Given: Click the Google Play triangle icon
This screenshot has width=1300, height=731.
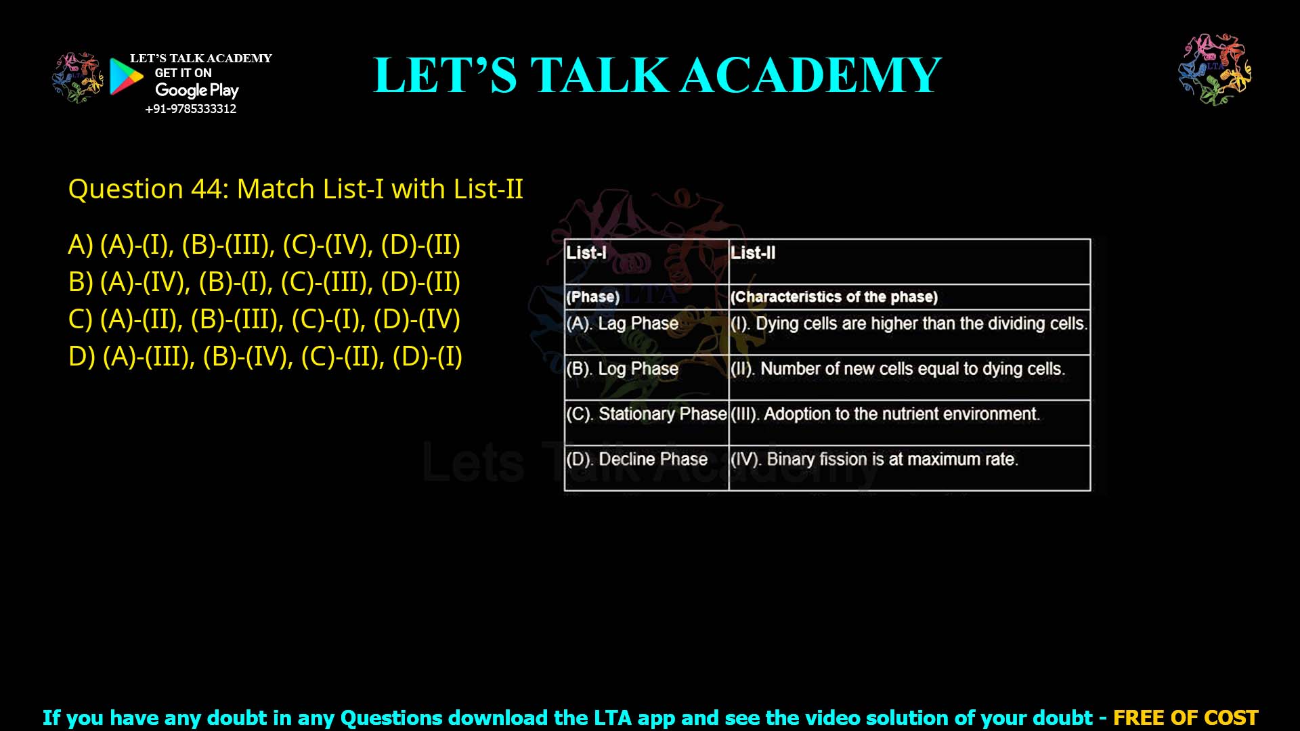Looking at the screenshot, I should point(126,76).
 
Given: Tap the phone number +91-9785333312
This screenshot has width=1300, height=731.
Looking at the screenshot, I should point(191,109).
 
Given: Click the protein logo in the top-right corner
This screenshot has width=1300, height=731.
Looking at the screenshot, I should point(1215,69).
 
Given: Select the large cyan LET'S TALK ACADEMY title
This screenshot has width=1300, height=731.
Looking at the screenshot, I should point(657,74).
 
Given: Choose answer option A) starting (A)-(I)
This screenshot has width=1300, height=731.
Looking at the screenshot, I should point(264,244).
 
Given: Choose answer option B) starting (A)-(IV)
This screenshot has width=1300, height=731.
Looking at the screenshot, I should point(264,282).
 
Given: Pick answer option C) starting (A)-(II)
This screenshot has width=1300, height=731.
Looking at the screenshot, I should point(264,319).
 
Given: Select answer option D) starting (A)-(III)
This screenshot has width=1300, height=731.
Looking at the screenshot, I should point(265,356).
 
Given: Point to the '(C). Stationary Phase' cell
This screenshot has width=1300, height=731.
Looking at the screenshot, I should point(646,414).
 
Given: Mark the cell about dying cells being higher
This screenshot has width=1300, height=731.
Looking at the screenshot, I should point(909,324).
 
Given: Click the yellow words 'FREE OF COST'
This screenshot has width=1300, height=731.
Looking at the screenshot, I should point(1186,717).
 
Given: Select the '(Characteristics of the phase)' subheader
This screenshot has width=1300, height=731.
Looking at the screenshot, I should point(834,297).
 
